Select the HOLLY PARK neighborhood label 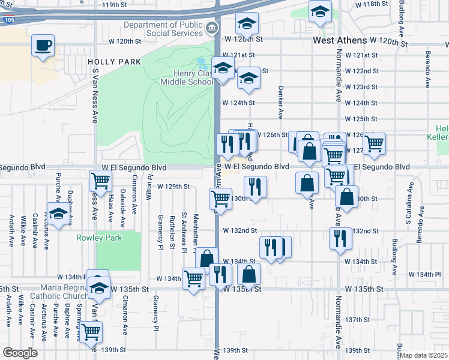pos(114,62)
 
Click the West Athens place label pos(339,41)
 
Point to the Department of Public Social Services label pos(163,29)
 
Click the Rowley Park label pos(100,238)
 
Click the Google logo pos(20,352)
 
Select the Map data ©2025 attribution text pos(424,355)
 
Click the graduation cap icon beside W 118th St pos(320,11)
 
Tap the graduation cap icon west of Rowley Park pos(58,214)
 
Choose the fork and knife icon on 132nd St pos(340,238)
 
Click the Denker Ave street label pos(280,101)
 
